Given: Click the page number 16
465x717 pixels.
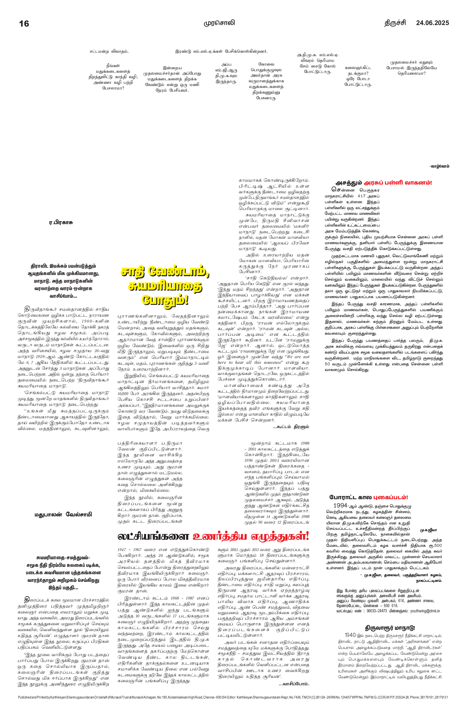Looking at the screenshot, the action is pyautogui.click(x=24, y=24).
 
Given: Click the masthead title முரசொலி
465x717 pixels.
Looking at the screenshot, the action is pyautogui.click(x=219, y=23).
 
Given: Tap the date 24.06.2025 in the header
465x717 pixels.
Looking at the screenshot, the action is pyautogui.click(x=432, y=23).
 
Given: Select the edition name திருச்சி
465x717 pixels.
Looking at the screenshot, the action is pyautogui.click(x=395, y=23).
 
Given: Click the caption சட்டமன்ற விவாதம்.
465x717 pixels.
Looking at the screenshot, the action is pyautogui.click(x=109, y=52).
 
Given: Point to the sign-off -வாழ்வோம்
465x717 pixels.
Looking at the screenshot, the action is pyautogui.click(x=439, y=166).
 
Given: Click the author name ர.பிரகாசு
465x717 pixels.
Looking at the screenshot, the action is pyautogui.click(x=61, y=223).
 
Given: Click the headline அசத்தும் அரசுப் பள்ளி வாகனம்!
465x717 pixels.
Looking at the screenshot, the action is pyautogui.click(x=384, y=183).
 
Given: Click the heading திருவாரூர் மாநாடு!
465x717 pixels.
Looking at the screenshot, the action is pyautogui.click(x=390, y=628).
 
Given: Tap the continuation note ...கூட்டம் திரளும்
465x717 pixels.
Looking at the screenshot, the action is pyautogui.click(x=291, y=427).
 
